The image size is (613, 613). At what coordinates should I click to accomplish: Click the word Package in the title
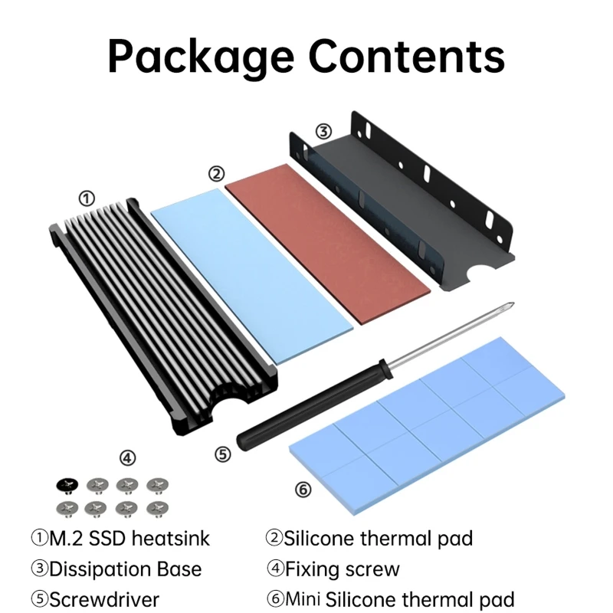tap(202, 55)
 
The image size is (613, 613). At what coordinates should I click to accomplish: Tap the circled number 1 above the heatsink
tap(87, 198)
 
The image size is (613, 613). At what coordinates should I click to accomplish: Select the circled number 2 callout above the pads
tap(216, 173)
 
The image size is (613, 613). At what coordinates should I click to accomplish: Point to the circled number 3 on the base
tap(324, 131)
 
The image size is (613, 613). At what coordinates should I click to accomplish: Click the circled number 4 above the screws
tap(127, 457)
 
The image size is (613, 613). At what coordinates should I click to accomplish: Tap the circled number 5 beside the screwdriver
tap(222, 454)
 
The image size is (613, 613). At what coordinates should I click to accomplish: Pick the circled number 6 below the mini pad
tap(303, 488)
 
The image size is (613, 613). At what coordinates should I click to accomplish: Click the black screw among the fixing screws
tap(66, 484)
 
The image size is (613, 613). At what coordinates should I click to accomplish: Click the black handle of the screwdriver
tap(306, 411)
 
